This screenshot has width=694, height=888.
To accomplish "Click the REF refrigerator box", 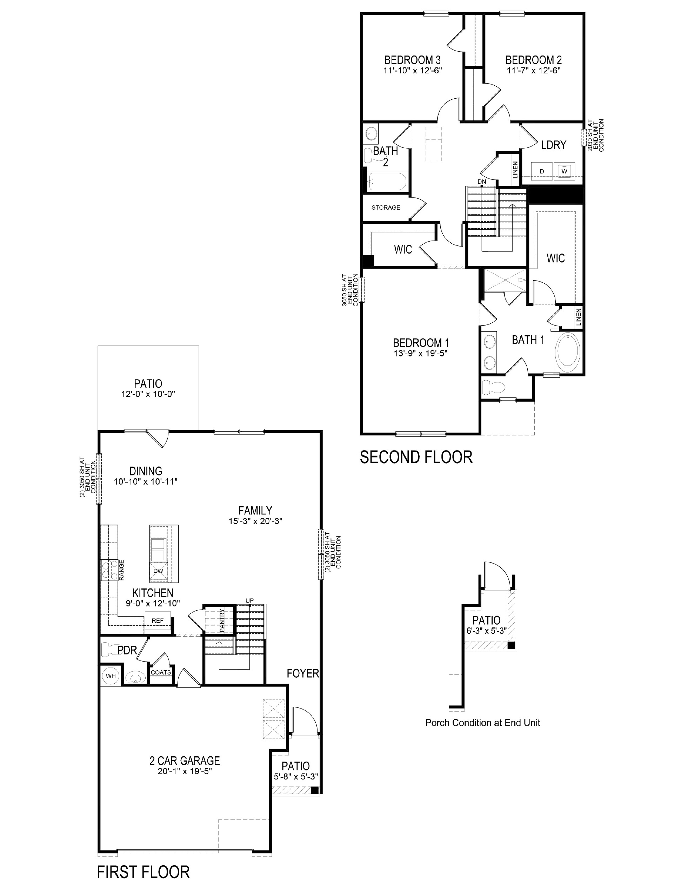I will [x=158, y=620].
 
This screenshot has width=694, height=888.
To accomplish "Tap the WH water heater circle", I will [x=111, y=676].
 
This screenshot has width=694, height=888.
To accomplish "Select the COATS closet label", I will [x=161, y=672].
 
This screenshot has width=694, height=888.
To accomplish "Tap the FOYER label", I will [x=303, y=674].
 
